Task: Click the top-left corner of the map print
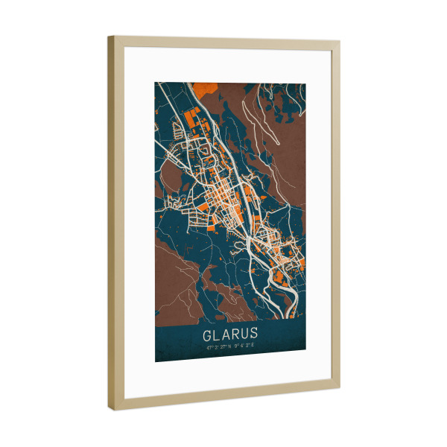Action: pos(156,81)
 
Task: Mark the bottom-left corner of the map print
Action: pos(156,362)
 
